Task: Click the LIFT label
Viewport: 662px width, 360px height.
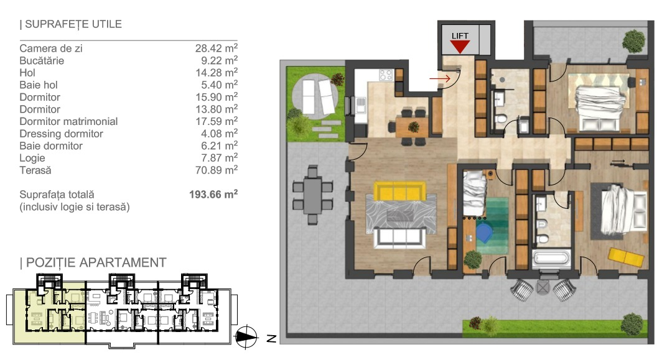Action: click(x=460, y=36)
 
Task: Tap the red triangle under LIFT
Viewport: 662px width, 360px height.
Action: click(x=460, y=47)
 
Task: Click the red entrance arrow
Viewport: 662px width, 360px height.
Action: click(x=440, y=78)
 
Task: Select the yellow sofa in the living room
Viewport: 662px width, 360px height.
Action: click(x=399, y=191)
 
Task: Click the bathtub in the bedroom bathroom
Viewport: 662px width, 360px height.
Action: click(x=551, y=258)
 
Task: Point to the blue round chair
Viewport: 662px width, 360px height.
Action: click(x=484, y=233)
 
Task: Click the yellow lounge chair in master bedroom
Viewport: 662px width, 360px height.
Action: click(x=626, y=257)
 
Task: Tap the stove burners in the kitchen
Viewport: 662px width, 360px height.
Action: click(x=386, y=75)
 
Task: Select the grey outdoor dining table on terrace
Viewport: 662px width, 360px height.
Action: click(x=312, y=195)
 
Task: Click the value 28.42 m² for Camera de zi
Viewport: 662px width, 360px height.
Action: click(x=216, y=48)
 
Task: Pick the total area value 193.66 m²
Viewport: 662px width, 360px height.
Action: click(x=213, y=195)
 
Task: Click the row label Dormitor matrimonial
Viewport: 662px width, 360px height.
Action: click(x=68, y=121)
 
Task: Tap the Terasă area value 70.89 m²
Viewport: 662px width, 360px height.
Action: click(x=216, y=170)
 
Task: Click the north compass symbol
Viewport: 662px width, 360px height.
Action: click(x=246, y=337)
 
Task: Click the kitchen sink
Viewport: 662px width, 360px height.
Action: click(x=360, y=104)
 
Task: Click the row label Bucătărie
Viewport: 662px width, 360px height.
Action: click(x=42, y=61)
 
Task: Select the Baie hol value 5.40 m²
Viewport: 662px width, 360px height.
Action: click(x=217, y=85)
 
